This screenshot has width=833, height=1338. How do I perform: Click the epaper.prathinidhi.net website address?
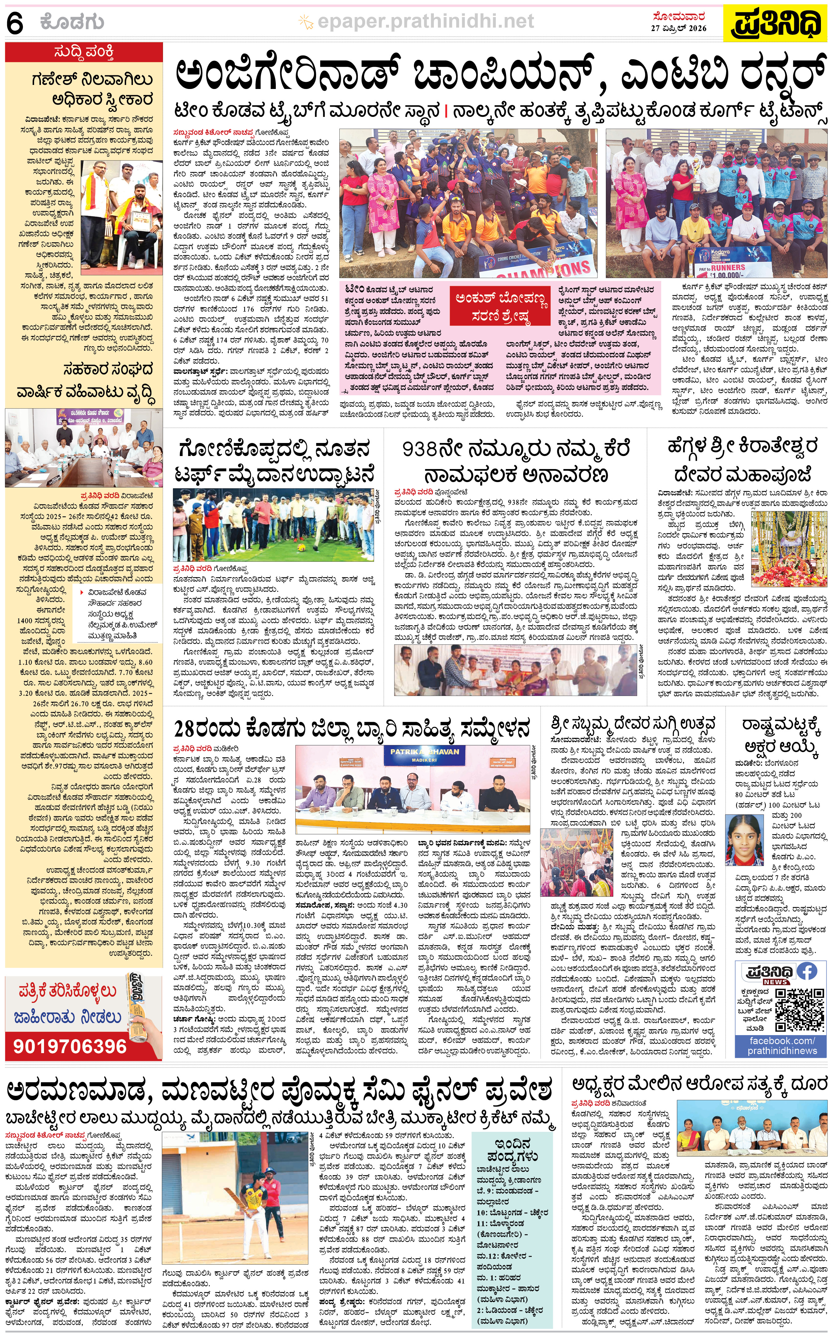tap(425, 21)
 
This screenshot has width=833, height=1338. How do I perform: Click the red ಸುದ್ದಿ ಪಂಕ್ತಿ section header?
tap(84, 52)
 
